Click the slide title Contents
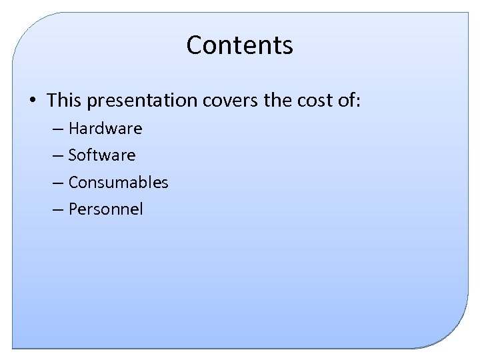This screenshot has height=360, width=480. [239, 45]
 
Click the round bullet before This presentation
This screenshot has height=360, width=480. [32, 101]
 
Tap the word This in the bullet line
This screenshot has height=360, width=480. [63, 100]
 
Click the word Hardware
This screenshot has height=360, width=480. [105, 128]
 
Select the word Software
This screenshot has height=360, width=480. [102, 155]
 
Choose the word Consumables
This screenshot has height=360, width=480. [118, 182]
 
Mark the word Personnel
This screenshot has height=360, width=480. [105, 209]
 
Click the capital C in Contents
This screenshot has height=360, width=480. [195, 45]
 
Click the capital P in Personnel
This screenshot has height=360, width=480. [73, 209]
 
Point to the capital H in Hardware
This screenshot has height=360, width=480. [73, 128]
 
